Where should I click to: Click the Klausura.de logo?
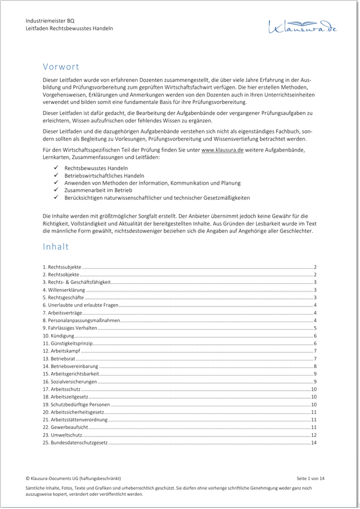pyautogui.click(x=302, y=26)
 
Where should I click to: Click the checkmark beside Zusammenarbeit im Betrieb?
pyautogui.click(x=56, y=190)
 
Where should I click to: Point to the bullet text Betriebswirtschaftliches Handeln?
pyautogui.click(x=96, y=175)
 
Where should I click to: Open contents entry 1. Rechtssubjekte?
pyautogui.click(x=62, y=267)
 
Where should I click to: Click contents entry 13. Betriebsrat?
pyautogui.click(x=60, y=359)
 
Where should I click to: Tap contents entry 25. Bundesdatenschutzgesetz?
pyautogui.click(x=75, y=443)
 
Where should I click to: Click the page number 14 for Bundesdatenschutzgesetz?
pyautogui.click(x=314, y=443)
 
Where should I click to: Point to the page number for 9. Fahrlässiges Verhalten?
pyautogui.click(x=315, y=328)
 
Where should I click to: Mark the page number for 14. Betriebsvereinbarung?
pyautogui.click(x=315, y=366)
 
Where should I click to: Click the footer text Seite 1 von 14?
pyautogui.click(x=311, y=478)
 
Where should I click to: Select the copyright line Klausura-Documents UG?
pyautogui.click(x=73, y=478)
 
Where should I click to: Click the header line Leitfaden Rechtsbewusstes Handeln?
pyautogui.click(x=69, y=28)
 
